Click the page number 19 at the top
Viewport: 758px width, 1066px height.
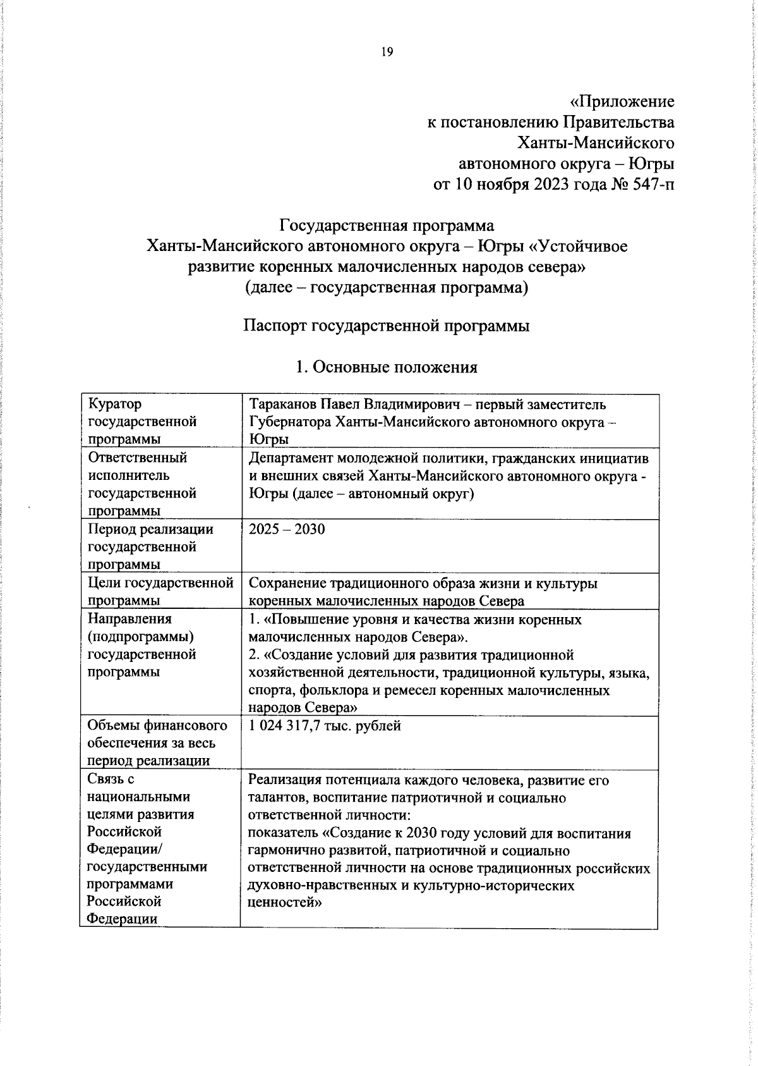386,52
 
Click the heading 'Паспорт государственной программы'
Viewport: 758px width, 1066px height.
386,326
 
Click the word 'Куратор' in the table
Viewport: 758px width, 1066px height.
115,404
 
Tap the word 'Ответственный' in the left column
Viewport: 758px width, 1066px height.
137,457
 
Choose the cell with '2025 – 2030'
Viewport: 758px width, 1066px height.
287,529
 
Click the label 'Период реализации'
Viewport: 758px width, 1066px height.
150,529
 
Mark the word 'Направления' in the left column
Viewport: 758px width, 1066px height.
129,619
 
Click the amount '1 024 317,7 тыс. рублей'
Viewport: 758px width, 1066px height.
325,726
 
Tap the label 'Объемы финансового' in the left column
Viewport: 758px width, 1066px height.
157,725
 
